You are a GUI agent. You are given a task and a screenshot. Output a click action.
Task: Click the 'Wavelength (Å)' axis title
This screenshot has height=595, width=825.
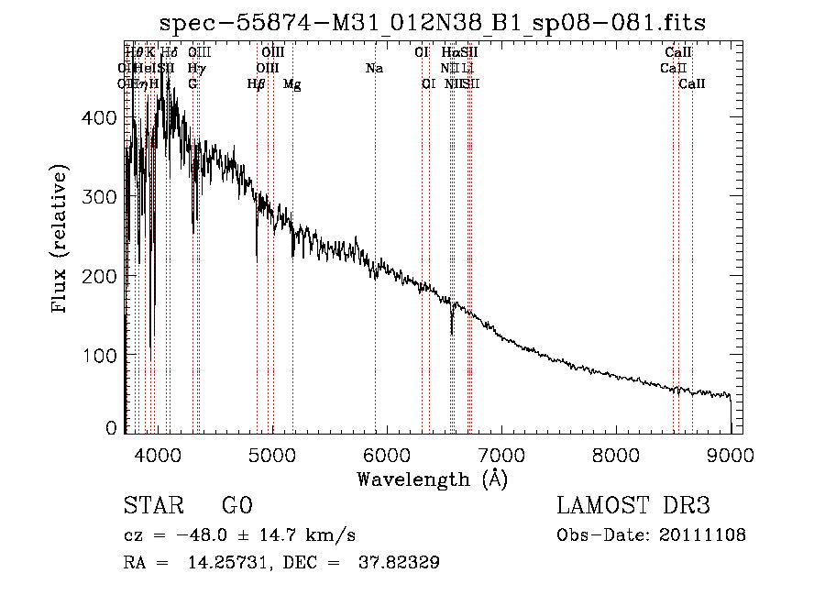click(x=432, y=479)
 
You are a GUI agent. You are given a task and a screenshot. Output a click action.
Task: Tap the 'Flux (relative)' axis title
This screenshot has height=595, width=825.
click(x=61, y=240)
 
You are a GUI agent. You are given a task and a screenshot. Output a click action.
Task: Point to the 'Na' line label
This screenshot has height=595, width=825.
click(x=374, y=68)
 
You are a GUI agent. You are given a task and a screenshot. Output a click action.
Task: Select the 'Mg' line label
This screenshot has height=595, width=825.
click(x=291, y=84)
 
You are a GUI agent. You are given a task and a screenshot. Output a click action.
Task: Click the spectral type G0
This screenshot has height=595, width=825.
click(x=237, y=506)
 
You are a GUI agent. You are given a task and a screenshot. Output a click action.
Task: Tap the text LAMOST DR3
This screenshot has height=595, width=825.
click(x=632, y=506)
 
